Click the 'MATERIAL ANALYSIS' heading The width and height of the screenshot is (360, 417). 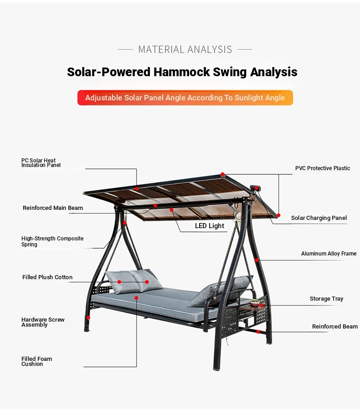185,49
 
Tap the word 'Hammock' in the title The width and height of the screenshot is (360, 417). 182,72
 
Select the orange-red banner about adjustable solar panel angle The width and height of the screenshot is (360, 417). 185,98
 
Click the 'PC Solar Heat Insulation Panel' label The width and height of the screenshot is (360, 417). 41,162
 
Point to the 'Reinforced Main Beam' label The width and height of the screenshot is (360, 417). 52,208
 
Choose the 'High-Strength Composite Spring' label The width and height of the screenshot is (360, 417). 52,241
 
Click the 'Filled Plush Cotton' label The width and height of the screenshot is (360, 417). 47,277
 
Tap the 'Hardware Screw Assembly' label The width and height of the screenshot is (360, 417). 43,322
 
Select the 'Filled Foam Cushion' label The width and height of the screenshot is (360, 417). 36,361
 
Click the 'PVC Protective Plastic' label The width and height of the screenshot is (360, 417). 323,168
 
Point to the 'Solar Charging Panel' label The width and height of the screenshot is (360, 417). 319,218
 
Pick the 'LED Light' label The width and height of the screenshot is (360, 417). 209,226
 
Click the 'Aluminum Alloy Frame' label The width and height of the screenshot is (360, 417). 329,254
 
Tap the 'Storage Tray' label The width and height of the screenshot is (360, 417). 326,299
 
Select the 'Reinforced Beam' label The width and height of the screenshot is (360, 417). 335,326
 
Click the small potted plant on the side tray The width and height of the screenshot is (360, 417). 255,302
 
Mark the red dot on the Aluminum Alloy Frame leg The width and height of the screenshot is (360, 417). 257,260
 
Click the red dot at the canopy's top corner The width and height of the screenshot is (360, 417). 223,174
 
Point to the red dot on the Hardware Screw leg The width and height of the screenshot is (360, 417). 88,318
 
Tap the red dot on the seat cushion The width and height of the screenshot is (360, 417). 136,298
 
